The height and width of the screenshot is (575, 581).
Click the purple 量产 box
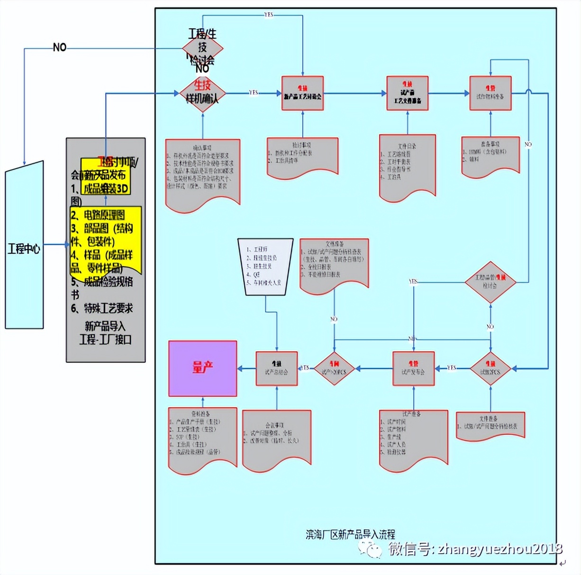coord(202,368)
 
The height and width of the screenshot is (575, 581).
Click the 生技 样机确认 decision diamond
coord(202,93)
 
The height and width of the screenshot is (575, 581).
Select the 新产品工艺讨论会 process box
coord(302,93)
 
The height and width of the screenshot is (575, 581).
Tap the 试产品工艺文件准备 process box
coord(407,93)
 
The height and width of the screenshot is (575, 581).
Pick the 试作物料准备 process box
coord(490,93)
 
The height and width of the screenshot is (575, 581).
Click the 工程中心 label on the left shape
coord(24,249)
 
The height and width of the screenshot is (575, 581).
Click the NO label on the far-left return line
coord(60,47)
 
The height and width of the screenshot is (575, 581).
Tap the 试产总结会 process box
coord(276,368)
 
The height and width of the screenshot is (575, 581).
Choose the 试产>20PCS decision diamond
coord(335,368)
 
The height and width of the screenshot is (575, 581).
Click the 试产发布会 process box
coord(413,368)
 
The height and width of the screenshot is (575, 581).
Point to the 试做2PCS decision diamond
coord(490,368)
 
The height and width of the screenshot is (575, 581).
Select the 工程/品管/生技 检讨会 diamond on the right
coord(490,282)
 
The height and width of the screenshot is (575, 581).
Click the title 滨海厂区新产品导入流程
coord(350,535)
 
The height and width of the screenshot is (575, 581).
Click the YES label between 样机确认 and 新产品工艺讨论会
coord(254,93)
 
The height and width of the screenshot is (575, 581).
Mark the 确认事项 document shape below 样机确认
coord(202,173)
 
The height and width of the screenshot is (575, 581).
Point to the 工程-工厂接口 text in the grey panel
coord(105,340)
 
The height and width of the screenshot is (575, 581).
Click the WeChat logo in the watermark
coord(370,549)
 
